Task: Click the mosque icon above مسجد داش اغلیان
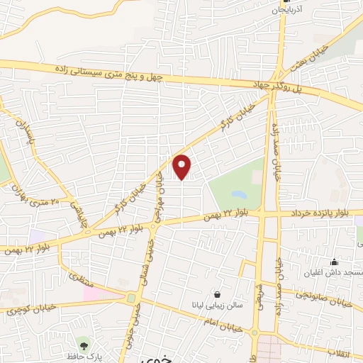point(334,262)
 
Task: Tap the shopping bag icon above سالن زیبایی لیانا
point(216,294)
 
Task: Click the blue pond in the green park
point(240,194)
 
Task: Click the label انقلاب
point(347,352)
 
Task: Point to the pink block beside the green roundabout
point(105,294)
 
